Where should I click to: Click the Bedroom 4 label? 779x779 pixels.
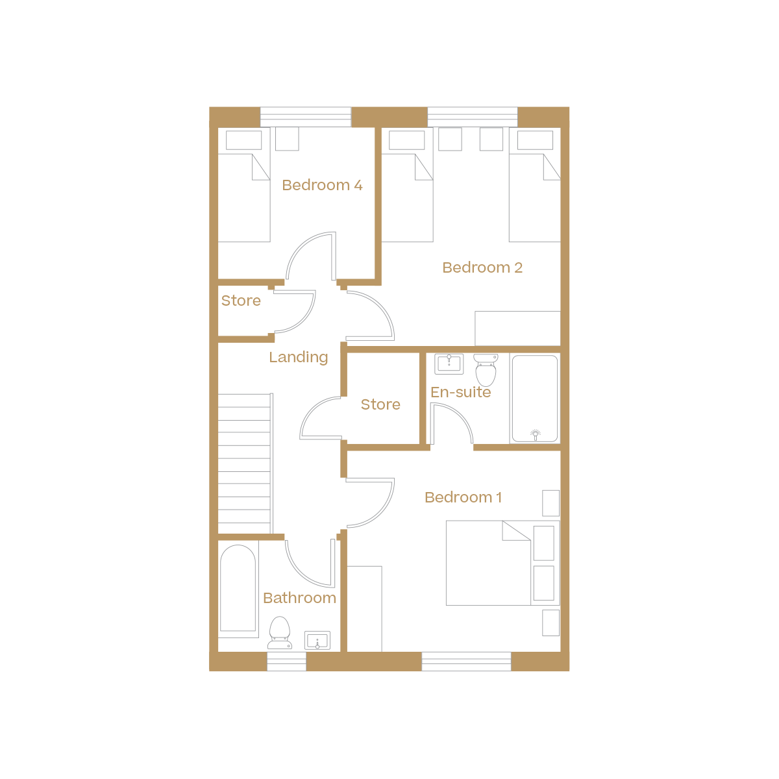coord(322,185)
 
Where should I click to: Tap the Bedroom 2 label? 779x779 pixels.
coord(482,267)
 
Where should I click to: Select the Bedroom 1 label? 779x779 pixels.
coord(463,497)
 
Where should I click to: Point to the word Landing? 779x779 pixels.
coord(299,357)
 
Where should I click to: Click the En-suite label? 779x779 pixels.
coord(460,392)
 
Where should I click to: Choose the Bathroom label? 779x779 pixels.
coord(299,598)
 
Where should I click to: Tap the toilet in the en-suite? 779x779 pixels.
coord(486,370)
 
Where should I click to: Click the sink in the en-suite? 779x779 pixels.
coord(449,364)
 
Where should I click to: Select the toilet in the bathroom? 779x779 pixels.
coord(279,632)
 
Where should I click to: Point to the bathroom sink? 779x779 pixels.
coord(317,640)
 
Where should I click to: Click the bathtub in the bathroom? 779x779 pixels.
coord(238,587)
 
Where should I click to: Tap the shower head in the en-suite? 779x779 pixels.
coord(536,434)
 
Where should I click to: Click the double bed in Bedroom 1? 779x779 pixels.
coord(488,563)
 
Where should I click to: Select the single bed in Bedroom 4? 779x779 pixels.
coord(244,197)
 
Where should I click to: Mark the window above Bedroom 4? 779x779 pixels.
coord(305,117)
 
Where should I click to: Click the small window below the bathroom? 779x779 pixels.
coord(286,662)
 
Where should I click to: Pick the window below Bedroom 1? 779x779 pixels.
coord(466,662)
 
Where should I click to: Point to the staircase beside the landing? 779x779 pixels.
coord(244,464)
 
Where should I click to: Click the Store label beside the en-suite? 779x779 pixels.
coord(380,404)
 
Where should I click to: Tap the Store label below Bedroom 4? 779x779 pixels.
coord(241,301)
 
